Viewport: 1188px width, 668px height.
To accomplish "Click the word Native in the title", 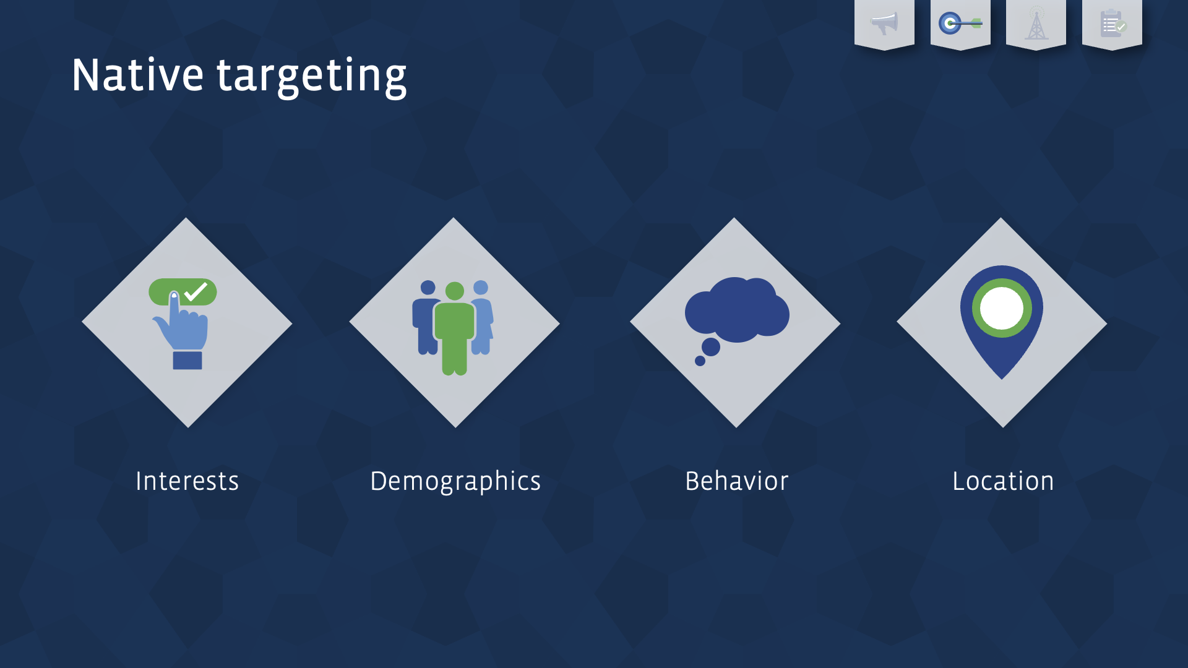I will tap(137, 75).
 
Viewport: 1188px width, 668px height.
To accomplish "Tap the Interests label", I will tap(187, 481).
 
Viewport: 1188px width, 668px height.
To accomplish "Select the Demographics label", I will tap(455, 481).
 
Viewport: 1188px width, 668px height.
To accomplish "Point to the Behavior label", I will tap(736, 481).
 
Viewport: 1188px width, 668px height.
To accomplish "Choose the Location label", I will tap(1002, 481).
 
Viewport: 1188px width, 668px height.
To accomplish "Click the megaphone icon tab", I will tap(884, 24).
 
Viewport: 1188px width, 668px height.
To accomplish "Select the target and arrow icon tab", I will tap(960, 24).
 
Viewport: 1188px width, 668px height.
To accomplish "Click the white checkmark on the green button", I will tap(196, 291).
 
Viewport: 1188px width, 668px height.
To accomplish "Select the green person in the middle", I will tap(455, 331).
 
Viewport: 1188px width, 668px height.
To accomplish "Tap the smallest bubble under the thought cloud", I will tap(700, 361).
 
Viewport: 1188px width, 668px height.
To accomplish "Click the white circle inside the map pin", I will tap(1002, 308).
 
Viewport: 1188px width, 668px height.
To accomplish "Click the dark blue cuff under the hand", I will tap(187, 361).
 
